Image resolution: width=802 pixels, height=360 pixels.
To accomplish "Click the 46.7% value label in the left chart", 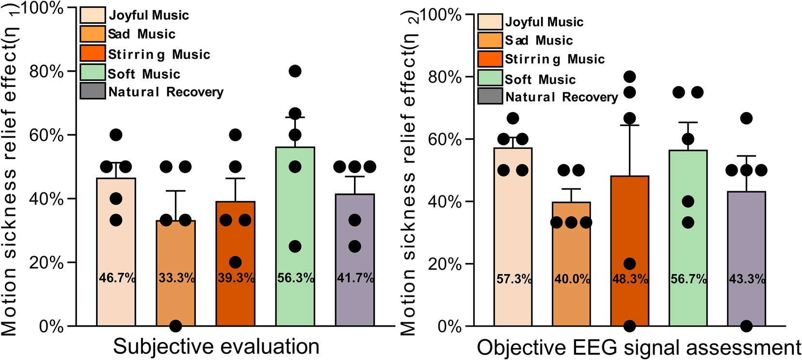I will point(117,278).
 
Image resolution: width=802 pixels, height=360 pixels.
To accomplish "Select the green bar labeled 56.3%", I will point(295,218).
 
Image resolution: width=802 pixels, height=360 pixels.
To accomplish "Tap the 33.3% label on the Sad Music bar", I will point(176,278).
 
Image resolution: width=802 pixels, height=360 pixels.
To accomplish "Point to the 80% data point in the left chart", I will point(295,71).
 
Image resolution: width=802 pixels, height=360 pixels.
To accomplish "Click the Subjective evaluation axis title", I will point(216,347).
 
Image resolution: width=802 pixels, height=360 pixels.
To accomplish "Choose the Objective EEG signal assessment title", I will point(639,348).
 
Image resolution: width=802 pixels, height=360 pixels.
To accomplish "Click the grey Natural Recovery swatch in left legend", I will point(93,91).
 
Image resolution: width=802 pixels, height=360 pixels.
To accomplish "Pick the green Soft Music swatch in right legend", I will point(490,78).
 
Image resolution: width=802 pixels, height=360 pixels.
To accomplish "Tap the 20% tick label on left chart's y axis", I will point(47,262).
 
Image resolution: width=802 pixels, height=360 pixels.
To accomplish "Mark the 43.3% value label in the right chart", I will point(747,279).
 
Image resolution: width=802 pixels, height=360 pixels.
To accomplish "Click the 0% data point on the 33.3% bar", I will point(176,326).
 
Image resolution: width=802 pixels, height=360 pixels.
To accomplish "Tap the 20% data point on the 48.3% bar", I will point(629,264).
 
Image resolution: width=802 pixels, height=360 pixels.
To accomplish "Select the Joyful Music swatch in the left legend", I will point(93,15).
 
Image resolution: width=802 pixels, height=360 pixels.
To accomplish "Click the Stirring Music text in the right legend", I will point(555,59).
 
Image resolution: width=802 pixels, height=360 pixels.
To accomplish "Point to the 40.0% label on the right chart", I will point(572,279).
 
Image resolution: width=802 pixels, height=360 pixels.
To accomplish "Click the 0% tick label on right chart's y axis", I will point(449,327).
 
